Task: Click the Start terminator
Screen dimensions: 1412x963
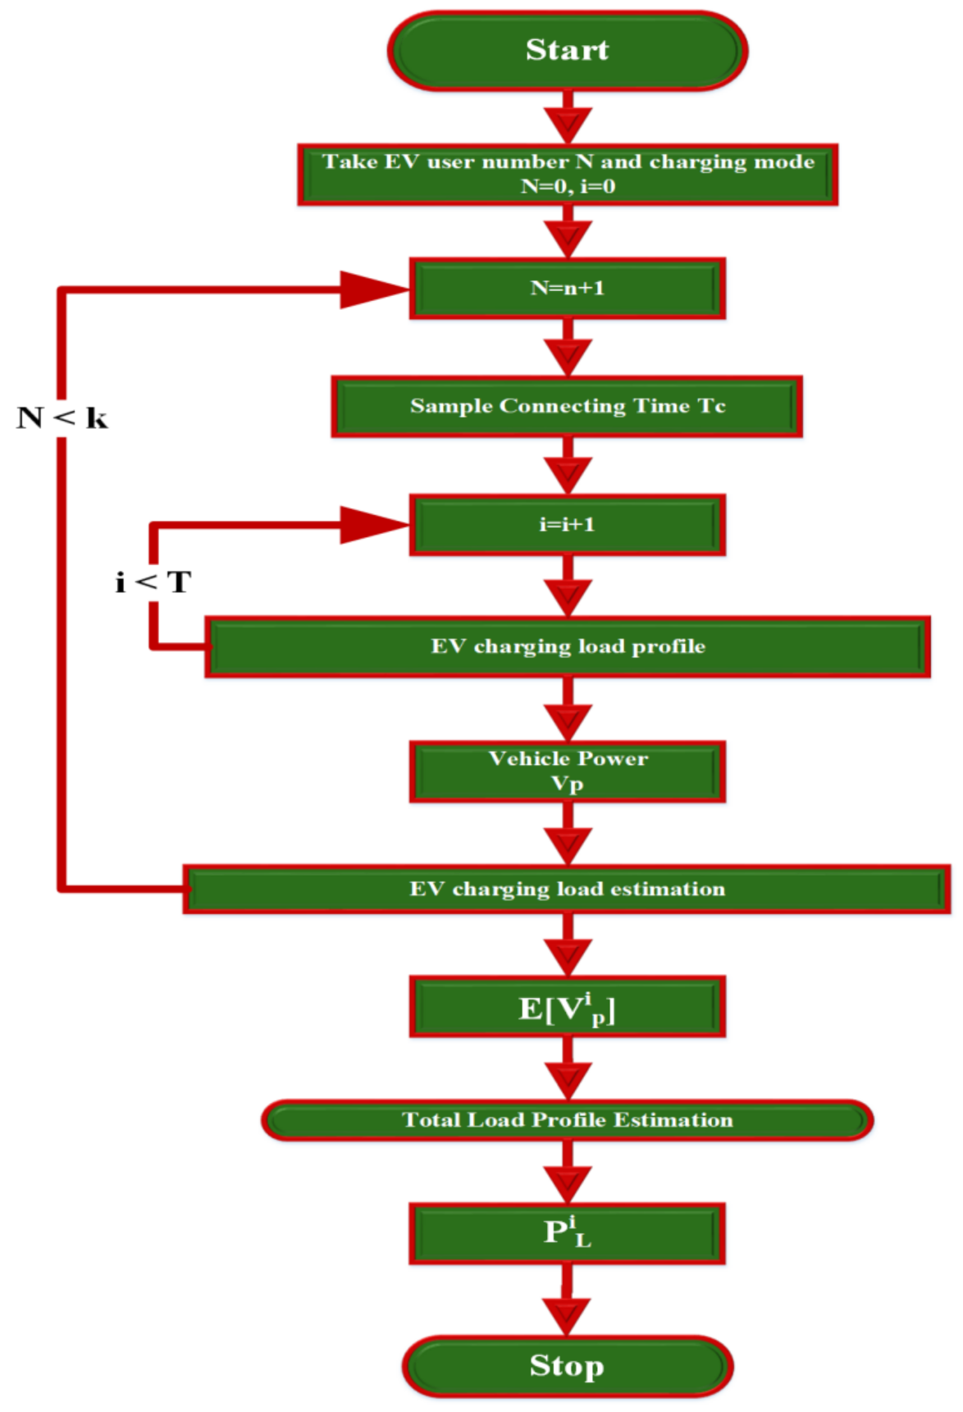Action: point(567,50)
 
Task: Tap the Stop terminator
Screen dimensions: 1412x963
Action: point(567,1366)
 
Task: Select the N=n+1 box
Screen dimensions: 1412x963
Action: point(567,289)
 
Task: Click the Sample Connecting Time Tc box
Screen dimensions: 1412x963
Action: point(567,407)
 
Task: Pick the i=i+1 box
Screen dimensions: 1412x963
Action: point(567,525)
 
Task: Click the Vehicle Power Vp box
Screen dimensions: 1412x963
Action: point(567,771)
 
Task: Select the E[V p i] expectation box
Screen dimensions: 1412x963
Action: point(567,1007)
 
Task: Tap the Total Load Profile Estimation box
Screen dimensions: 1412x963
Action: point(567,1120)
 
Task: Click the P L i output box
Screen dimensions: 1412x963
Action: point(567,1233)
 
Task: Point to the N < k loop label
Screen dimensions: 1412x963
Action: point(62,418)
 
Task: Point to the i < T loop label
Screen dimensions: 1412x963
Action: point(153,583)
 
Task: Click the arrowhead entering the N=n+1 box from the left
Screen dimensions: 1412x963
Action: point(374,289)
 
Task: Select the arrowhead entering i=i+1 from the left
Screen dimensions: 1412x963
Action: point(374,526)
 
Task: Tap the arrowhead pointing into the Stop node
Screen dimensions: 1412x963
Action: point(567,1314)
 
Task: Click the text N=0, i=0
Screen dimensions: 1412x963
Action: point(568,186)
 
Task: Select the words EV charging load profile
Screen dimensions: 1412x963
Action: point(568,647)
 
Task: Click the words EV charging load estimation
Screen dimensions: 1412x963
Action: point(567,890)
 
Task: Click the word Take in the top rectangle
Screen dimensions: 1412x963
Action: point(349,162)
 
